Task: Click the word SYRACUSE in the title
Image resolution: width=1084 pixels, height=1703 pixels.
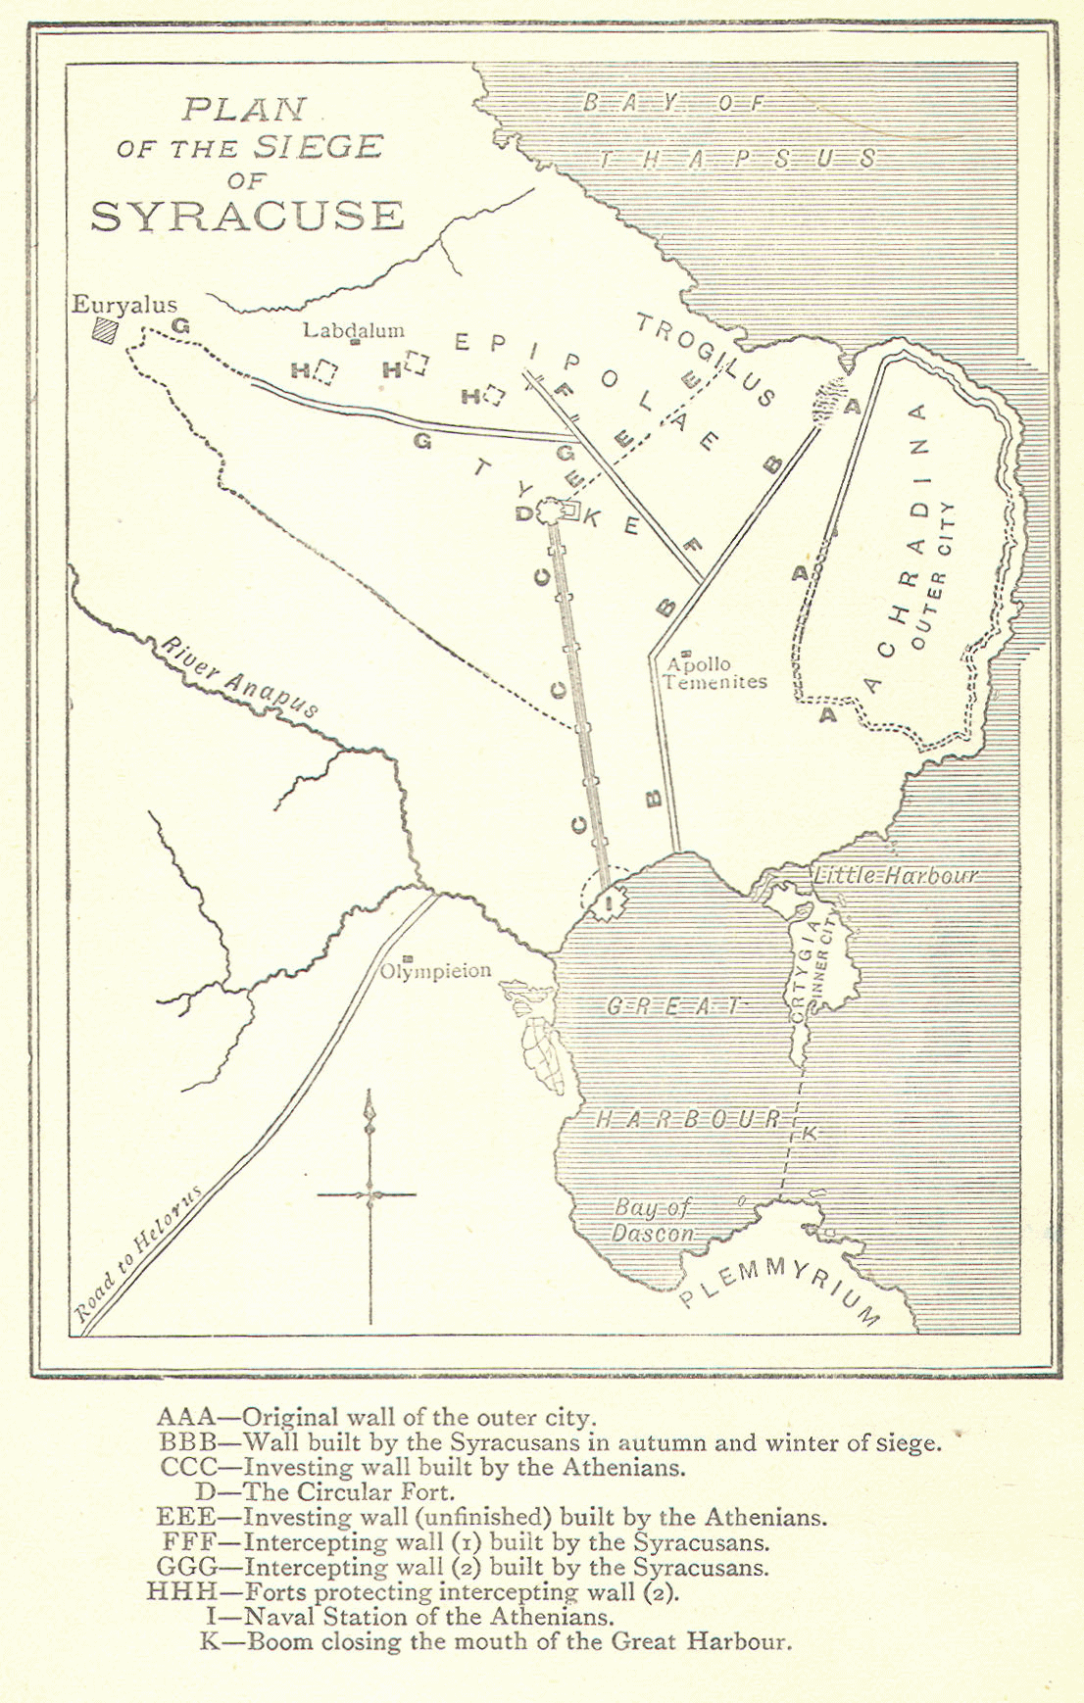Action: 247,216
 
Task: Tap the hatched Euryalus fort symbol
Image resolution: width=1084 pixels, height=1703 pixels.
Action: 103,331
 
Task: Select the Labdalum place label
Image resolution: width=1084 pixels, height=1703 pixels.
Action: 353,330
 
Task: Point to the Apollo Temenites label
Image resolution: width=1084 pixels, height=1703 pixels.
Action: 714,673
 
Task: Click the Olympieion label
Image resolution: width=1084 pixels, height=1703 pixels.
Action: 435,971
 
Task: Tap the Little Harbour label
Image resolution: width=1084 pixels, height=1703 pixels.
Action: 895,875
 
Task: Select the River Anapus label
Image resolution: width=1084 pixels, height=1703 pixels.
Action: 240,677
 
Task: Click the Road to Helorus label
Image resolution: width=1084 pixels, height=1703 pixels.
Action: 139,1256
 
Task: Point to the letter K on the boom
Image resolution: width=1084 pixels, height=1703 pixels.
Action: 809,1134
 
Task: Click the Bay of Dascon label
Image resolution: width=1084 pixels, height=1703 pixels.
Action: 654,1221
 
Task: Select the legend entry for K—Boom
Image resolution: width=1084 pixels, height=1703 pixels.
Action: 495,1641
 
